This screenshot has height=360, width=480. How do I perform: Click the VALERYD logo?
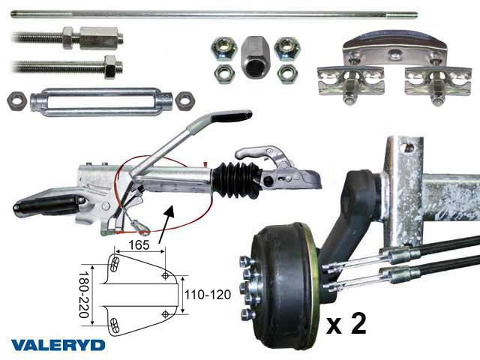(x=58, y=345)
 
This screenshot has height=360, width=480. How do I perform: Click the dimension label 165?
(x=139, y=245)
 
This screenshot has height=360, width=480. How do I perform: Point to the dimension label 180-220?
(x=84, y=295)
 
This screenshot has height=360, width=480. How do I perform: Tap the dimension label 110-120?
(x=208, y=295)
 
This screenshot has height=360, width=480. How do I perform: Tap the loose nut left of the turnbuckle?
(x=16, y=100)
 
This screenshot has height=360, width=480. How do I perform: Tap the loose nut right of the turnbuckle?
(x=185, y=100)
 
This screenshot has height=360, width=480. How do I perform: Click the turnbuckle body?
(x=101, y=102)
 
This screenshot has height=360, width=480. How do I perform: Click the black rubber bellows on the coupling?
(x=237, y=180)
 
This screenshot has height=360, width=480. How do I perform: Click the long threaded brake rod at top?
(x=214, y=15)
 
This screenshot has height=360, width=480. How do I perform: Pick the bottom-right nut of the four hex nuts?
(x=287, y=73)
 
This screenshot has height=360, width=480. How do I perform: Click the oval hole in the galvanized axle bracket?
(x=407, y=148)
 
